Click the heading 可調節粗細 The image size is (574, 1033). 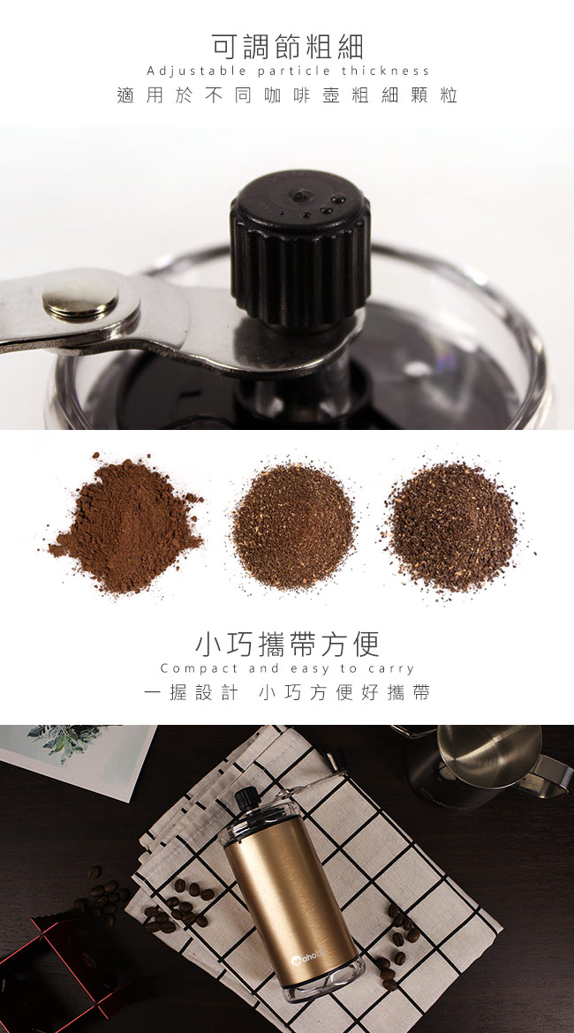pyautogui.click(x=287, y=47)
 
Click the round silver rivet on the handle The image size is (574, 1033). pyautogui.click(x=80, y=298)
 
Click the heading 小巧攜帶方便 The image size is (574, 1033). pyautogui.click(x=287, y=645)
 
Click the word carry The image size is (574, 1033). pyautogui.click(x=391, y=669)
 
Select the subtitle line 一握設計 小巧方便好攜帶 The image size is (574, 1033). pyautogui.click(x=287, y=692)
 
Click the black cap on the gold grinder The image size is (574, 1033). pyautogui.click(x=245, y=798)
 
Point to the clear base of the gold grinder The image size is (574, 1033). pyautogui.click(x=328, y=982)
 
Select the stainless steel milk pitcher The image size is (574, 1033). pyautogui.click(x=485, y=765)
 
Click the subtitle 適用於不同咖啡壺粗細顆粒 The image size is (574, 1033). pyautogui.click(x=287, y=95)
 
